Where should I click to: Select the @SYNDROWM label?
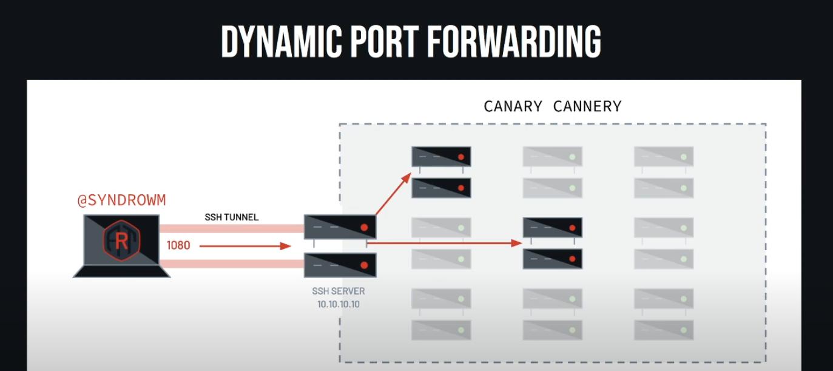point(121,201)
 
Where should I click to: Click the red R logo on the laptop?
point(121,241)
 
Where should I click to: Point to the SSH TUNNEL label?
point(231,217)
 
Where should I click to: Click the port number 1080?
point(178,246)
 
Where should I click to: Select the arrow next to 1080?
point(246,246)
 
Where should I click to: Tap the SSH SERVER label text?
point(339,291)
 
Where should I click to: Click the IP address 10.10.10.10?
point(339,304)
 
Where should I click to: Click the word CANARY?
point(513,106)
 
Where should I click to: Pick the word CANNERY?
point(587,106)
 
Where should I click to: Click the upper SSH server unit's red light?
point(364,227)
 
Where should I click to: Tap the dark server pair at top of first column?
point(442,172)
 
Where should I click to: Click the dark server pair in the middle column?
point(553,243)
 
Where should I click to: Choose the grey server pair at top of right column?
point(664,172)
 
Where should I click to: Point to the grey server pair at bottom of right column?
point(664,314)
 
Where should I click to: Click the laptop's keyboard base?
point(121,271)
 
